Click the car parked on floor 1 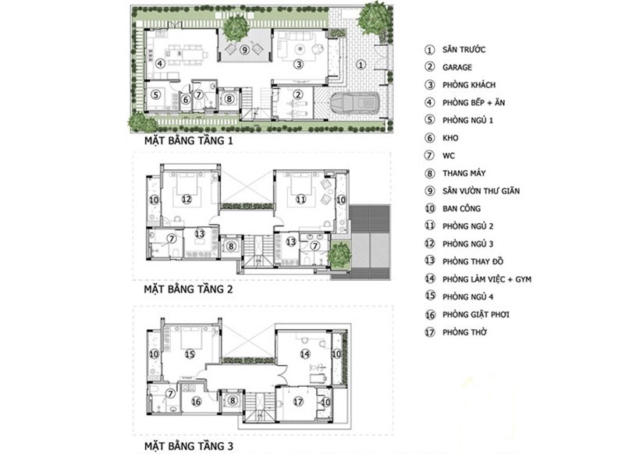coord(354,103)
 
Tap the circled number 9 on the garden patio coord(244,50)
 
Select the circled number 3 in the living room coord(298,64)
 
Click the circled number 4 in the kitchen coord(160,63)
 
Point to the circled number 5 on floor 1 coord(155,94)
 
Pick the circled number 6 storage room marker coord(185,99)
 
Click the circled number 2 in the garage coord(297,94)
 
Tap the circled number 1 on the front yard coord(361,65)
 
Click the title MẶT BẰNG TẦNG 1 coord(189,140)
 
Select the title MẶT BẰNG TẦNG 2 coord(189,289)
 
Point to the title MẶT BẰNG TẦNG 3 coord(189,446)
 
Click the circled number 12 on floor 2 coord(187,199)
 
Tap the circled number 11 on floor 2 coord(301,199)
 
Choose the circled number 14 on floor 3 coord(305,353)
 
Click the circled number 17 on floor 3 coord(298,402)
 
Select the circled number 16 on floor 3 coord(196,402)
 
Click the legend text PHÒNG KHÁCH coord(469,85)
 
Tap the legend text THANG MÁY coord(464,173)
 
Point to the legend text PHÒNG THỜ coord(464,332)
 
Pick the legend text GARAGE coord(457,67)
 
